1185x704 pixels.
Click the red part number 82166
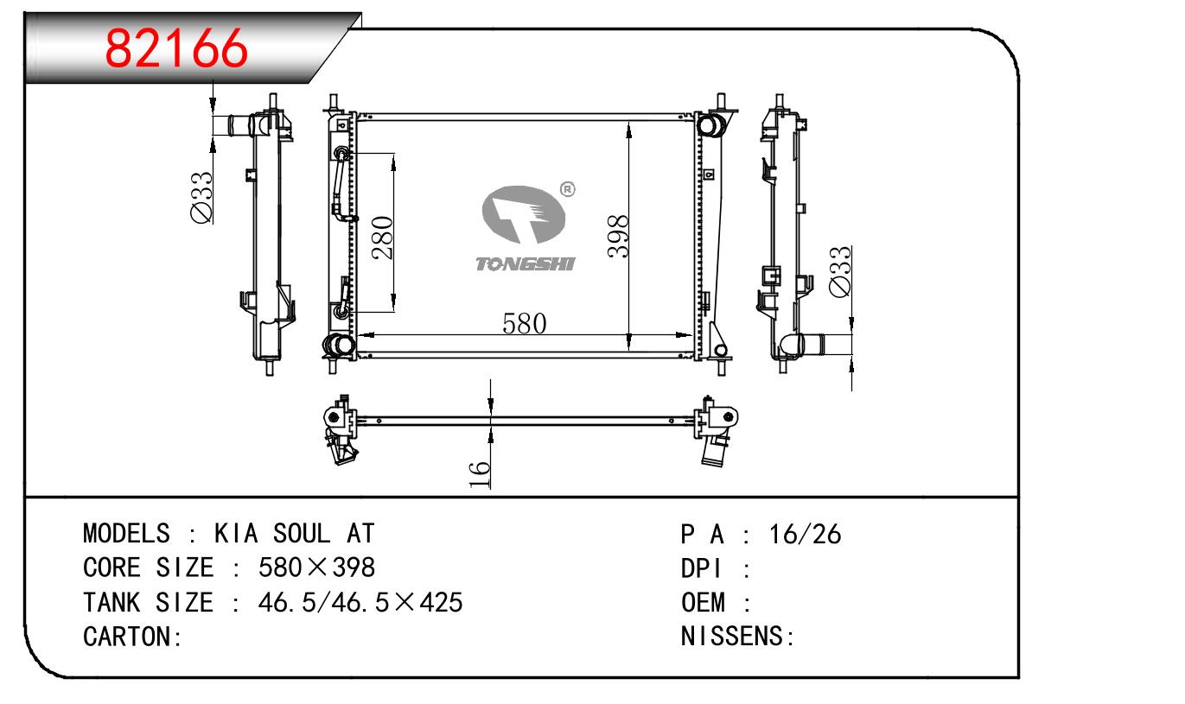tap(176, 48)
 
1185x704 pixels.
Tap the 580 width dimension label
tap(525, 323)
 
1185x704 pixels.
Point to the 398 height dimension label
tap(618, 237)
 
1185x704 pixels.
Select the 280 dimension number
tap(383, 238)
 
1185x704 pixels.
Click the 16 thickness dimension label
tap(480, 473)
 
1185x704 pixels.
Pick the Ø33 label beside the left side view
tap(201, 197)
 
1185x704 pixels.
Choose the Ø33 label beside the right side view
tap(839, 271)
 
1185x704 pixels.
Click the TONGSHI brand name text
tap(525, 263)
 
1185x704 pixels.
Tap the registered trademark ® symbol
tap(567, 189)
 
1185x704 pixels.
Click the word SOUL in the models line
tap(302, 533)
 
